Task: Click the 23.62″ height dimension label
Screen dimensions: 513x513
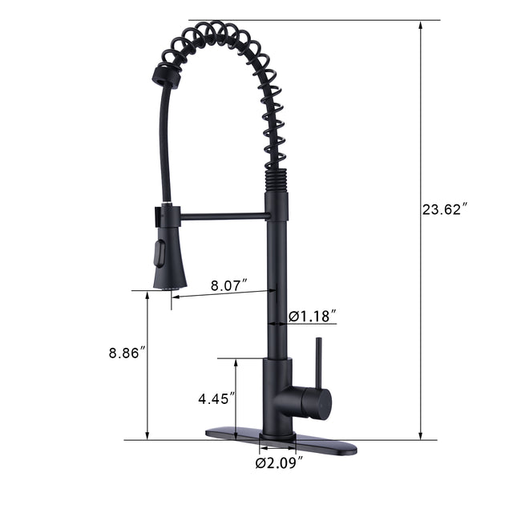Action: coord(445,211)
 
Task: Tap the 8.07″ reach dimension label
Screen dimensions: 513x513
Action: coord(228,285)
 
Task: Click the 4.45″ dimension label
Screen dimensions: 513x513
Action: coord(217,398)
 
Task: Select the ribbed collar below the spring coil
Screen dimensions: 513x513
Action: coord(276,180)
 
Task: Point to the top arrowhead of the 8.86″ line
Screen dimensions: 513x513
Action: coord(147,296)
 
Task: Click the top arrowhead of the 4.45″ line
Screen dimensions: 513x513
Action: coord(235,363)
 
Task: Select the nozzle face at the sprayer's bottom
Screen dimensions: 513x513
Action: coord(169,286)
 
